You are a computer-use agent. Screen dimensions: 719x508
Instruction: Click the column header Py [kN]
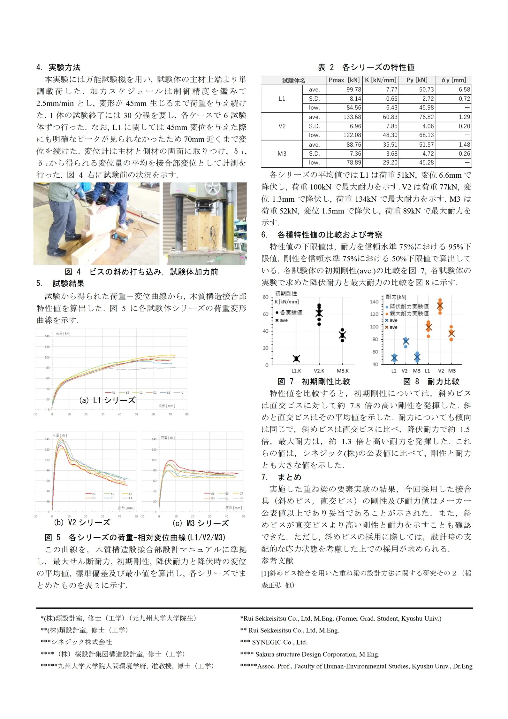pyautogui.click(x=417, y=80)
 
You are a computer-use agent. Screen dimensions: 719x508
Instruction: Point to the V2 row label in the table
pyautogui.click(x=282, y=126)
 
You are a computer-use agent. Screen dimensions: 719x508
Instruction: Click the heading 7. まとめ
pyautogui.click(x=281, y=477)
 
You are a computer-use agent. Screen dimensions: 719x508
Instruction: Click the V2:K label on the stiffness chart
pyautogui.click(x=319, y=371)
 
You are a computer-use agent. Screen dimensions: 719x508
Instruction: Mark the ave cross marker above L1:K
pyautogui.click(x=296, y=359)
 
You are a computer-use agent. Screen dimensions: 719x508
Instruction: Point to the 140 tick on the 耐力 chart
pyautogui.click(x=374, y=302)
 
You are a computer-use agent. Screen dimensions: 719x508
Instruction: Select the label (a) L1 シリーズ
pyautogui.click(x=107, y=400)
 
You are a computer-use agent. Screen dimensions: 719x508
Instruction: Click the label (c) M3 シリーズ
pyautogui.click(x=201, y=523)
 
